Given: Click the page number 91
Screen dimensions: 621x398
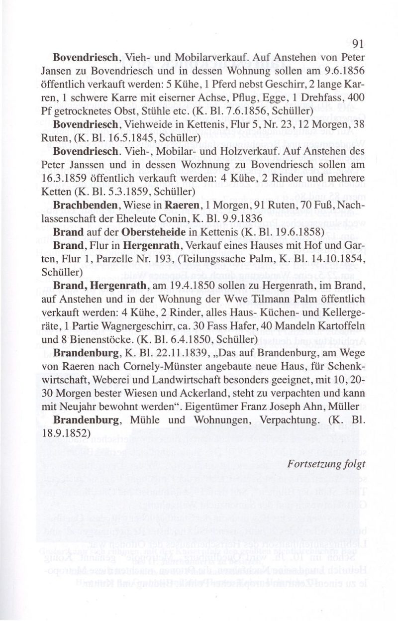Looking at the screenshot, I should [359, 43].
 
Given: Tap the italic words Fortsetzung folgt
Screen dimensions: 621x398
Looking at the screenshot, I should [326, 463].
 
